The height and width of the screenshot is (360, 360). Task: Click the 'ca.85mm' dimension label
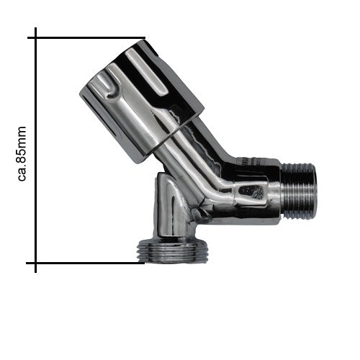[x=22, y=153]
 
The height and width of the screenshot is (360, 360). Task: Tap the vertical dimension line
[x=36, y=150]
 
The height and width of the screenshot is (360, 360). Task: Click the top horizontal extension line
[x=86, y=37]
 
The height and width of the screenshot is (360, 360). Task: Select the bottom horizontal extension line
[x=85, y=263]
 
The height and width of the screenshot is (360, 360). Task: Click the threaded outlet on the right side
[x=299, y=192]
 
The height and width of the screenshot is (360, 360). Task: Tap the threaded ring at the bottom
[x=172, y=251]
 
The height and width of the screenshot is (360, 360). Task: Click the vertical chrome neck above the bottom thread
[x=171, y=207]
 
